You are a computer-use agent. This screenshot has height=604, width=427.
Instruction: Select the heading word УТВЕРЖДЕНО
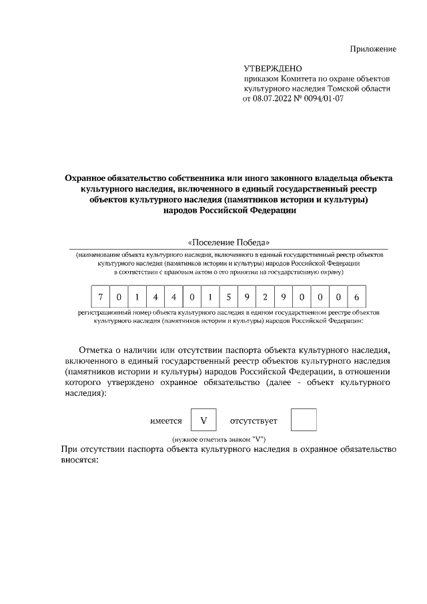pyautogui.click(x=273, y=69)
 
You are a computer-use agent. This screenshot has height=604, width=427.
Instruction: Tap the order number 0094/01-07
pyautogui.click(x=322, y=99)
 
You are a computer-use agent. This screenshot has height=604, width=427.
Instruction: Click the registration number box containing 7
pyautogui.click(x=100, y=296)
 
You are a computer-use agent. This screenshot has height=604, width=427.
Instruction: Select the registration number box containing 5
pyautogui.click(x=229, y=296)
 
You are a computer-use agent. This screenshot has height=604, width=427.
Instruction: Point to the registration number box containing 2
pyautogui.click(x=266, y=296)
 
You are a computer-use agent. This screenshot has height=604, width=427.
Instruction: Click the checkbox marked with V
pyautogui.click(x=203, y=421)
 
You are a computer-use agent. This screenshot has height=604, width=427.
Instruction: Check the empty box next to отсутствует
pyautogui.click(x=304, y=421)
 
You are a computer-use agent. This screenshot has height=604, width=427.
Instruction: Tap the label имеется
pyautogui.click(x=166, y=422)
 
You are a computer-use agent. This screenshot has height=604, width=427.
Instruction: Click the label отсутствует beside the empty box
pyautogui.click(x=254, y=422)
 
